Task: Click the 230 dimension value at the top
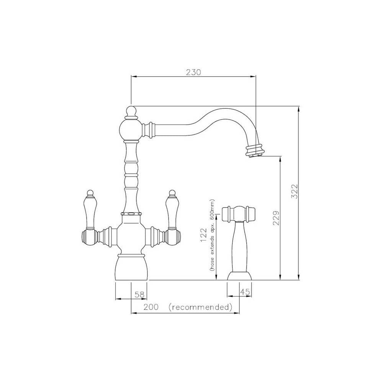(x=193, y=72)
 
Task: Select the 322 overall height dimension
(x=294, y=192)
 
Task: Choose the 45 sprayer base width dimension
(x=245, y=292)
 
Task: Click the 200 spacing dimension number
(x=151, y=307)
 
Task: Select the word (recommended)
(x=200, y=307)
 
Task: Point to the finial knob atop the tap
(x=131, y=111)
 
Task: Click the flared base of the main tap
(x=131, y=268)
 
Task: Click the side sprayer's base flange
(x=239, y=276)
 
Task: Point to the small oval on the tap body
(x=131, y=214)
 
